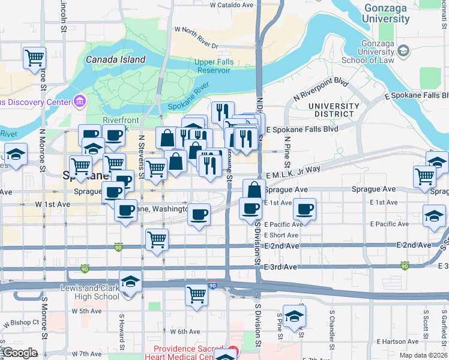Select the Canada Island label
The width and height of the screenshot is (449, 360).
115,59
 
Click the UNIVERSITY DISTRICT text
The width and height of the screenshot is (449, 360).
331,110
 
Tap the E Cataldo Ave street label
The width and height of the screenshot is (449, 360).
232,4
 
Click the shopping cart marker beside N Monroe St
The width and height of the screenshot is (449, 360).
35,58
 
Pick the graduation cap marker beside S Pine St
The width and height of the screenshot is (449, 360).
294,316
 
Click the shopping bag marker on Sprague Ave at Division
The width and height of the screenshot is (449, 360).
254,190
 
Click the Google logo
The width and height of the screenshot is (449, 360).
19,353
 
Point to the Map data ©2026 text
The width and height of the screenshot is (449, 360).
423,355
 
